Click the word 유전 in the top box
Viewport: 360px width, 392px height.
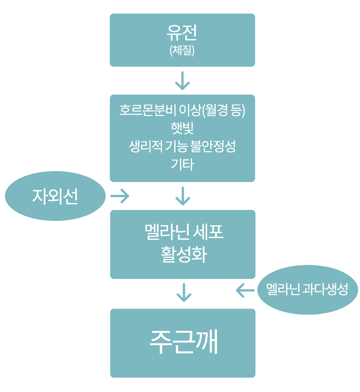coord(182,33)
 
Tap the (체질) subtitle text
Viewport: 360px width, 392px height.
coord(182,51)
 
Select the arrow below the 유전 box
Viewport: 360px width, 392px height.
coord(182,81)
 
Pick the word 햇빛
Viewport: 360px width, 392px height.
coord(182,128)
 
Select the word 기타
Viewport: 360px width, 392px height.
coord(182,164)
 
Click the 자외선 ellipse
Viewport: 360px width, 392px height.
coord(55,196)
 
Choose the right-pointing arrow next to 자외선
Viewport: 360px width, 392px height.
coord(120,196)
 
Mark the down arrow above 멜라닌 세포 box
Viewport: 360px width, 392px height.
coord(183,196)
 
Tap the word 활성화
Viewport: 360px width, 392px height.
coord(183,255)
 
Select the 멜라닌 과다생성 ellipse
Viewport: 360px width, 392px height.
coord(308,290)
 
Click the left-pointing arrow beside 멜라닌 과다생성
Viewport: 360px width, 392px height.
coord(245,290)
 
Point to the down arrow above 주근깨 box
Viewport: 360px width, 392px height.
coord(184,292)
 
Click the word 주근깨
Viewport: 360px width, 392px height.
coord(183,342)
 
